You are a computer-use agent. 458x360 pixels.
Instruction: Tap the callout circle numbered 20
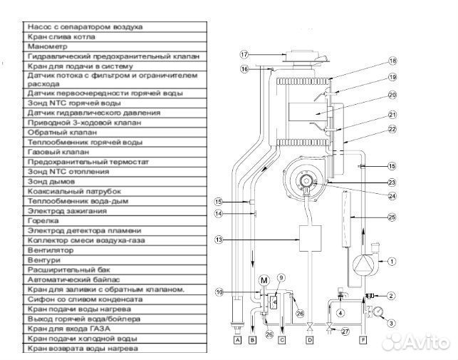[x=392, y=95]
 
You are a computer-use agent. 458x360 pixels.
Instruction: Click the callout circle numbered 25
[x=391, y=217]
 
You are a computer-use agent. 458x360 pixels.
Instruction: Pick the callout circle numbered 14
[x=219, y=213]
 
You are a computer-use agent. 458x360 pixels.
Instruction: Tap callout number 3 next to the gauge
[x=391, y=324]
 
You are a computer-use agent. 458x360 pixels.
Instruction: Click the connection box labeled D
[x=309, y=341]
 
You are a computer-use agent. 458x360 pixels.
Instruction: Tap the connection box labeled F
[x=364, y=341]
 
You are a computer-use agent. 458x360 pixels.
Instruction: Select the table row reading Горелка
[x=114, y=221]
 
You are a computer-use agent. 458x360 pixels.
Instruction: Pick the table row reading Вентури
[x=114, y=261]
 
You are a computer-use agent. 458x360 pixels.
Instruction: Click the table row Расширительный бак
[x=114, y=271]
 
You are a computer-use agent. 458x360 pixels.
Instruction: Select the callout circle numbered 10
[x=219, y=292]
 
